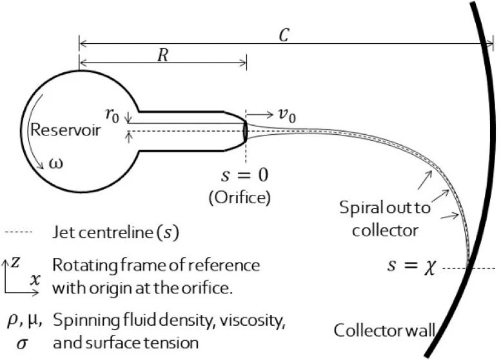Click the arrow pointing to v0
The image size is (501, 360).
pyautogui.click(x=260, y=116)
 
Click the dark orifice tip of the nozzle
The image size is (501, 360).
pyautogui.click(x=245, y=131)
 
